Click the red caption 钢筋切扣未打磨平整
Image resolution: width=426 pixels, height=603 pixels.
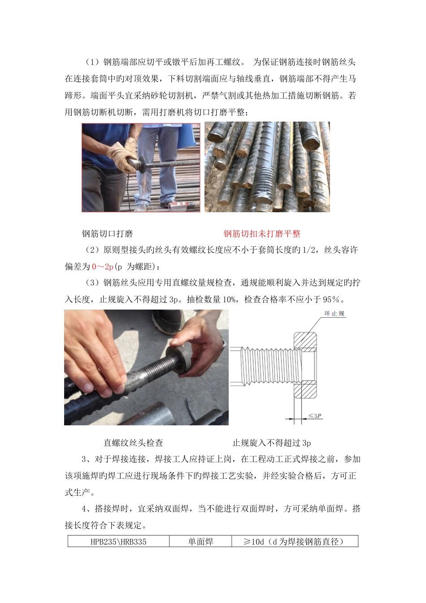click(262, 234)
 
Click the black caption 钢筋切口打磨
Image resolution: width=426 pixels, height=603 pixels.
click(108, 234)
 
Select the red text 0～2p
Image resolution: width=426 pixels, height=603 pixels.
click(103, 267)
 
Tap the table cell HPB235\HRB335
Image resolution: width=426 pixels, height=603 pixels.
click(118, 542)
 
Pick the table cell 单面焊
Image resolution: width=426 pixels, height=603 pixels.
click(200, 542)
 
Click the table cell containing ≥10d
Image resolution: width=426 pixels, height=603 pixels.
click(295, 542)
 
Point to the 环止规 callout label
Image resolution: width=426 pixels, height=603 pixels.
click(334, 314)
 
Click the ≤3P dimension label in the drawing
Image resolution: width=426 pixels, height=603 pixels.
click(315, 416)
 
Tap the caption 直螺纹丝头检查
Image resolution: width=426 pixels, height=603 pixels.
click(133, 443)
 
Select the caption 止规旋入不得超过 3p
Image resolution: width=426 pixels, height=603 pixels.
click(271, 443)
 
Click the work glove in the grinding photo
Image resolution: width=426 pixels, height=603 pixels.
click(122, 155)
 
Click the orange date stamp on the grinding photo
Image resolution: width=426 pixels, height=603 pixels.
click(184, 204)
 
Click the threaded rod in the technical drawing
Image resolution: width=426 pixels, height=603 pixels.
click(265, 365)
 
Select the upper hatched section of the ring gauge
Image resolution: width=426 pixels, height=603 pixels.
click(305, 341)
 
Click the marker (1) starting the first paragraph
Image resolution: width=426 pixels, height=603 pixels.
click(93, 62)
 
